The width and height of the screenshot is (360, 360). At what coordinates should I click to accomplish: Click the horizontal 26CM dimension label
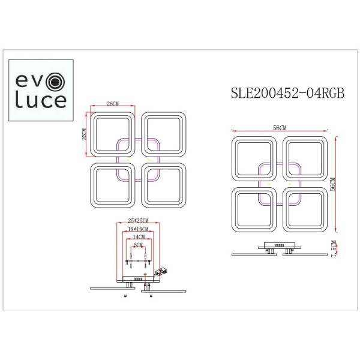tap(112, 104)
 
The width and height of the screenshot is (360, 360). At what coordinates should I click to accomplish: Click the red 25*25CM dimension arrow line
tap(139, 224)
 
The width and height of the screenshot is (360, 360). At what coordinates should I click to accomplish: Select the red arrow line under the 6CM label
tap(139, 250)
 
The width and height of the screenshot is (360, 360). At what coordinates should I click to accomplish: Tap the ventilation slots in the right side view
tap(278, 245)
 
